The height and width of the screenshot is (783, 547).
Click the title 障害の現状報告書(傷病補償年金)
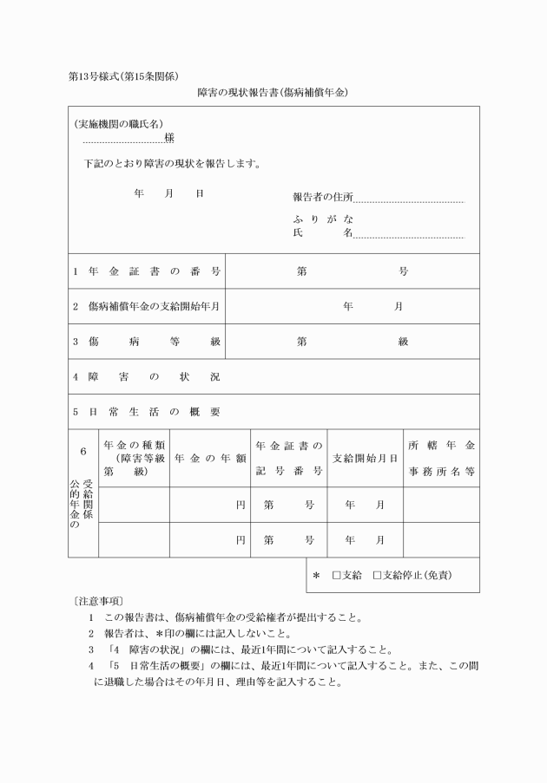click(273, 91)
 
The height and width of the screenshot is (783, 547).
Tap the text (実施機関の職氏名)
click(118, 124)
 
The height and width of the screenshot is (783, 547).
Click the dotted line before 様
click(122, 140)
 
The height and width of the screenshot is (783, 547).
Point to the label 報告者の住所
click(323, 198)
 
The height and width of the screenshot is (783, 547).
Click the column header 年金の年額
click(209, 458)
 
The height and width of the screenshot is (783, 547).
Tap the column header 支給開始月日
click(366, 458)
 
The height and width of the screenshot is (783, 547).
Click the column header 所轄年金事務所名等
click(441, 458)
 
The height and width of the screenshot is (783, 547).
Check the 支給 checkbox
click(337, 575)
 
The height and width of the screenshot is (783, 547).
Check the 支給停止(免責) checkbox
click(377, 575)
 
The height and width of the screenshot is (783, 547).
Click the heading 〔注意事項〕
click(99, 600)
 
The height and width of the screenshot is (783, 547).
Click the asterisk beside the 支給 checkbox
click(316, 575)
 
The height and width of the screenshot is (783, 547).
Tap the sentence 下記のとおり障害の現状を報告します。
click(173, 163)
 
